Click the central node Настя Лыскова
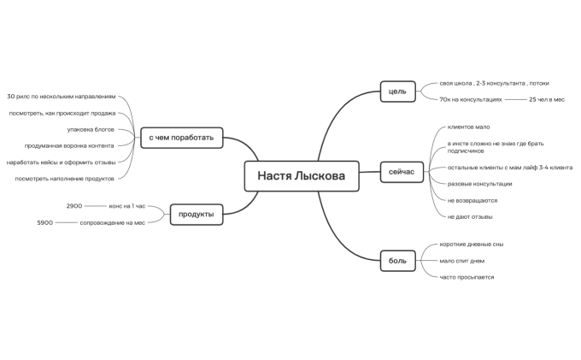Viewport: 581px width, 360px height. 302,176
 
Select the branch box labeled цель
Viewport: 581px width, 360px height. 397,91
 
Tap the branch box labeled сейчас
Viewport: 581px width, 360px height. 402,172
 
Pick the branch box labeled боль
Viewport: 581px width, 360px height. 397,261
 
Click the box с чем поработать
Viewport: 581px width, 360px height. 181,138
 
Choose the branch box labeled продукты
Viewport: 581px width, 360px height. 197,215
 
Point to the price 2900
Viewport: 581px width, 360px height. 74,206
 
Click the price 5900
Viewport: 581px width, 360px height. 44,222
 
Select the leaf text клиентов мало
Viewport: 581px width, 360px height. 468,127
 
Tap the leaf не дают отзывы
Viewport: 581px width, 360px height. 470,217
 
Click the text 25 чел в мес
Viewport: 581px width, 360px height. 547,99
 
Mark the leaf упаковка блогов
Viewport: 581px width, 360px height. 91,129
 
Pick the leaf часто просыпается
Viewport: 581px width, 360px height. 467,277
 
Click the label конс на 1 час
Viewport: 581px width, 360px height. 127,206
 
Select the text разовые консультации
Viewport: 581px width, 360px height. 479,184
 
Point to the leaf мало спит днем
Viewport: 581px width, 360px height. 461,261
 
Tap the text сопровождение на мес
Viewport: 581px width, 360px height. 112,222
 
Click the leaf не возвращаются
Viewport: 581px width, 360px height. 472,201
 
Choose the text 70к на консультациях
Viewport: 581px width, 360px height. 471,99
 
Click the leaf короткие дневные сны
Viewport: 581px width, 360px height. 472,245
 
